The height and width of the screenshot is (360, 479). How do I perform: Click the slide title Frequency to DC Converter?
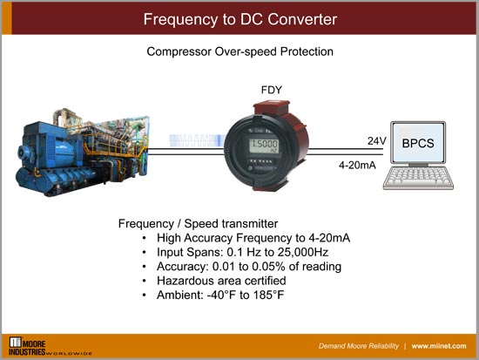click(239, 18)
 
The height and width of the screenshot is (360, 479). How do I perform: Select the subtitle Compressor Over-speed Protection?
click(239, 52)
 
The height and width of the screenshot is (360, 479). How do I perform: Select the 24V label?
click(376, 139)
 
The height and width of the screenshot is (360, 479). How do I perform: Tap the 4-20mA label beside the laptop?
click(358, 163)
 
